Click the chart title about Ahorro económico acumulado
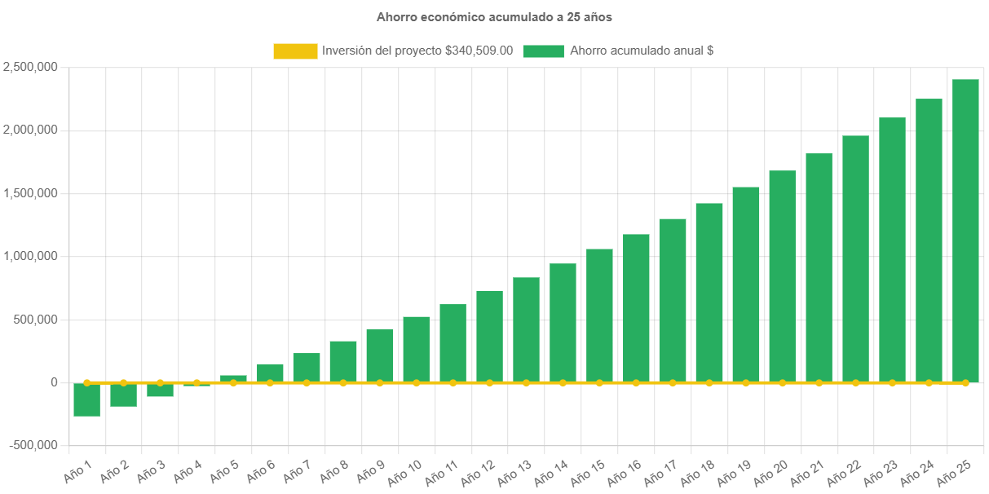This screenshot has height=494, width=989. click(x=494, y=16)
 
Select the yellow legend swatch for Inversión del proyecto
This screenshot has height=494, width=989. click(x=295, y=51)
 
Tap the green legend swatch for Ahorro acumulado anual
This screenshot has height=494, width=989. click(x=543, y=51)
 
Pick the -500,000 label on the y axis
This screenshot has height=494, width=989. click(x=33, y=445)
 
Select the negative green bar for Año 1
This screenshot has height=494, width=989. click(x=86, y=399)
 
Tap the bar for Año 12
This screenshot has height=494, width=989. click(x=489, y=336)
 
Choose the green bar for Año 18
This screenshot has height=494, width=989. click(x=709, y=293)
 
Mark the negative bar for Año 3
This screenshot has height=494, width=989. click(x=160, y=390)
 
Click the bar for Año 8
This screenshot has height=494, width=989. click(x=343, y=361)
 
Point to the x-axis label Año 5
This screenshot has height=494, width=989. click(x=224, y=470)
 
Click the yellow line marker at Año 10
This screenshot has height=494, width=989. click(x=417, y=382)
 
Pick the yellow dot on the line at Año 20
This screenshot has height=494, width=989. click(x=783, y=382)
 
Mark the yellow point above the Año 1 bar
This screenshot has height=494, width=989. click(x=86, y=382)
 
